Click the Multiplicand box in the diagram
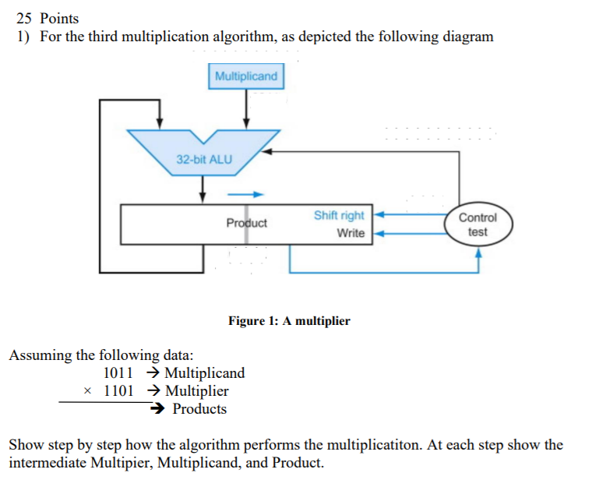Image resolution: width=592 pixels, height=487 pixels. pyautogui.click(x=246, y=76)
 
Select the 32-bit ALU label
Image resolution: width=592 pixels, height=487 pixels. pyautogui.click(x=204, y=159)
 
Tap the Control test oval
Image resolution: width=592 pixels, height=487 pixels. pyautogui.click(x=477, y=224)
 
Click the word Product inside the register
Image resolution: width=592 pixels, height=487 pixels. pyautogui.click(x=246, y=223)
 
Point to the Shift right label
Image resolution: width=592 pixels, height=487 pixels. pyautogui.click(x=339, y=215)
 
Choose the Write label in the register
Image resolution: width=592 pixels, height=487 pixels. pyautogui.click(x=351, y=233)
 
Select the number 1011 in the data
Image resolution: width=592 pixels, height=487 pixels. pyautogui.click(x=118, y=373)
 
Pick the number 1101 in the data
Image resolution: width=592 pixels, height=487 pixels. pyautogui.click(x=118, y=390)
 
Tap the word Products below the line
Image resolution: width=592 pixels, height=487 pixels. pyautogui.click(x=199, y=409)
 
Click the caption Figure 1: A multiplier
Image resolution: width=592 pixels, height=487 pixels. pyautogui.click(x=289, y=321)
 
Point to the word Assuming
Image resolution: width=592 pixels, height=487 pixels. pyautogui.click(x=40, y=355)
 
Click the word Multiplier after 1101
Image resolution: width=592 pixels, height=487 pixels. pyautogui.click(x=197, y=390)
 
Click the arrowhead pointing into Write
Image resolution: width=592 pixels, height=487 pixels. pyautogui.click(x=380, y=233)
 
